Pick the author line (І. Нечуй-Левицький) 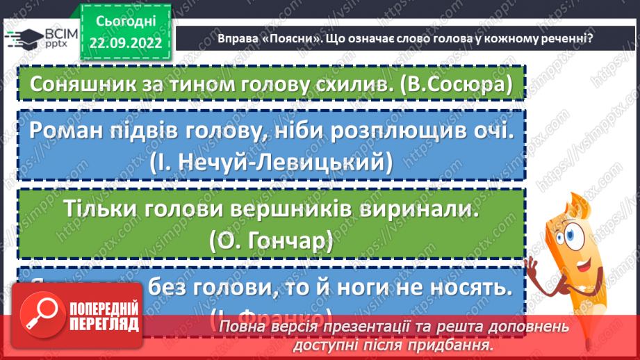[x=271, y=163]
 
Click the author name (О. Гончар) [x=271, y=240]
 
